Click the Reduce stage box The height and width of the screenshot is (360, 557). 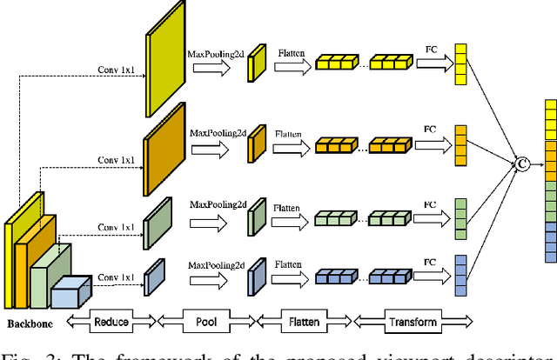pos(111,322)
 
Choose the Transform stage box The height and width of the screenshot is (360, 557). pos(413,322)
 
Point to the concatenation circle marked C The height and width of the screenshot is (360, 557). pos(522,162)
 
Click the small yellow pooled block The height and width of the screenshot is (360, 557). pos(257,64)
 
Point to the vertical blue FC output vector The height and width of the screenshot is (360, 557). pos(460,276)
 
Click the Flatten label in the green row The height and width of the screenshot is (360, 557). pos(291,210)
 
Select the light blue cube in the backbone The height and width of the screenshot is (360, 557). pos(70,293)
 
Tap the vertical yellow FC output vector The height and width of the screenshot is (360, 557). pos(460,59)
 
